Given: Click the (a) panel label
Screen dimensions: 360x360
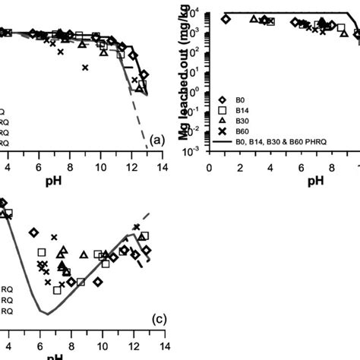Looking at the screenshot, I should point(157,141).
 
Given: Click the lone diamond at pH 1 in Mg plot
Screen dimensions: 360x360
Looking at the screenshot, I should point(225,20).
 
